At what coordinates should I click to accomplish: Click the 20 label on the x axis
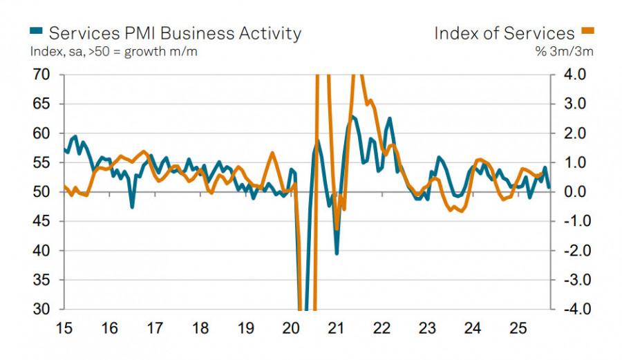[290, 327]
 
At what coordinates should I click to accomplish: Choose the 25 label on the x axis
[517, 327]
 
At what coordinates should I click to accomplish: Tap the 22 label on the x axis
[381, 327]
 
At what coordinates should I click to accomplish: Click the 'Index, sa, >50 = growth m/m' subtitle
[114, 52]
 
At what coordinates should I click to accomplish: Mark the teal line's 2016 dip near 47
[132, 206]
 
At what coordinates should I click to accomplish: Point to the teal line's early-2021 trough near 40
[337, 254]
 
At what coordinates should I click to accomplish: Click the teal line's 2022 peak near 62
[390, 119]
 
